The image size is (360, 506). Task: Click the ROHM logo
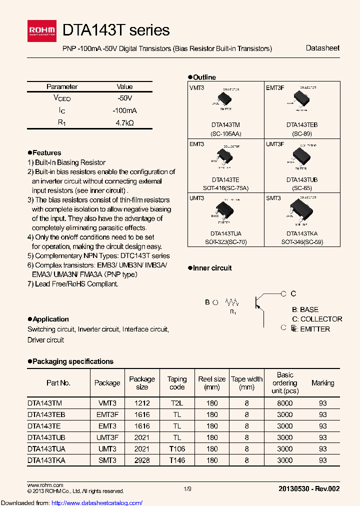(x=44, y=31)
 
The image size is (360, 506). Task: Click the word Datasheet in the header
(x=322, y=48)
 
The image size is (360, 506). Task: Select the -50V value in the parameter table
(x=125, y=98)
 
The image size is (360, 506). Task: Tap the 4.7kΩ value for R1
(x=125, y=122)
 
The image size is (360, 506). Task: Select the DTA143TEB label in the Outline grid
(x=301, y=124)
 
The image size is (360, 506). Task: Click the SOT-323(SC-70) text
(x=225, y=242)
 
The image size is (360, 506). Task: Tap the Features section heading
(x=46, y=152)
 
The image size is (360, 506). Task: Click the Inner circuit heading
(x=212, y=268)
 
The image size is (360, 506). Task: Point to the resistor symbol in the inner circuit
(x=232, y=302)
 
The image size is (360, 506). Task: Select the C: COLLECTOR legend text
(x=317, y=319)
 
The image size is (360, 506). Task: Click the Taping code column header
(x=177, y=383)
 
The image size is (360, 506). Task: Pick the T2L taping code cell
(x=177, y=402)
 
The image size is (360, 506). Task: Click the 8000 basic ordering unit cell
(x=285, y=402)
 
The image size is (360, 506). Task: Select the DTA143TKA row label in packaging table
(x=46, y=460)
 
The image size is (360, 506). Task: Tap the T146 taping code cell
(x=177, y=460)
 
